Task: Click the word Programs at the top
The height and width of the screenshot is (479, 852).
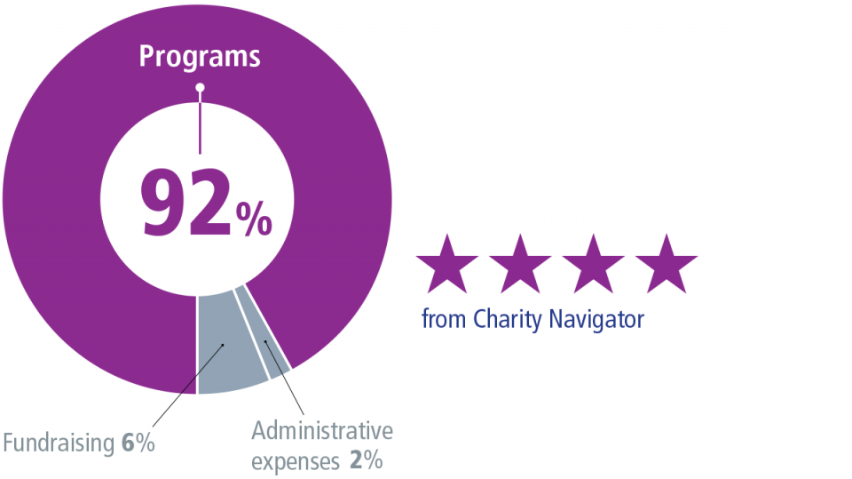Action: coord(200,57)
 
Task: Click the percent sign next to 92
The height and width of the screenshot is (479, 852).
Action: coord(255,220)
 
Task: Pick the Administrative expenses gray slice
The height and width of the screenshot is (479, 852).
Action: coord(271,342)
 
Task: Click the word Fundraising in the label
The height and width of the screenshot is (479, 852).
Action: coord(59,443)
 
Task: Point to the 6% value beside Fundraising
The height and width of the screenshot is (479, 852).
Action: coord(138,443)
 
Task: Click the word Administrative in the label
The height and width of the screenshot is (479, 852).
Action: coord(321,432)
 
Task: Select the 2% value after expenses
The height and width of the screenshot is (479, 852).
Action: coord(367,462)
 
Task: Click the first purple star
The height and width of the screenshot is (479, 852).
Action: coord(448,265)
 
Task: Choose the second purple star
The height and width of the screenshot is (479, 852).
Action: coord(521,265)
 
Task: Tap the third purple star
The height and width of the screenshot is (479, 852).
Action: coord(594,265)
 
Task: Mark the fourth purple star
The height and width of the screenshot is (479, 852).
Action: coord(667,265)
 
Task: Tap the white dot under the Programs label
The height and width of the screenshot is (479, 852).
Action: coord(200,88)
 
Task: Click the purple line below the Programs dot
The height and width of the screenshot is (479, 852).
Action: coord(200,124)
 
